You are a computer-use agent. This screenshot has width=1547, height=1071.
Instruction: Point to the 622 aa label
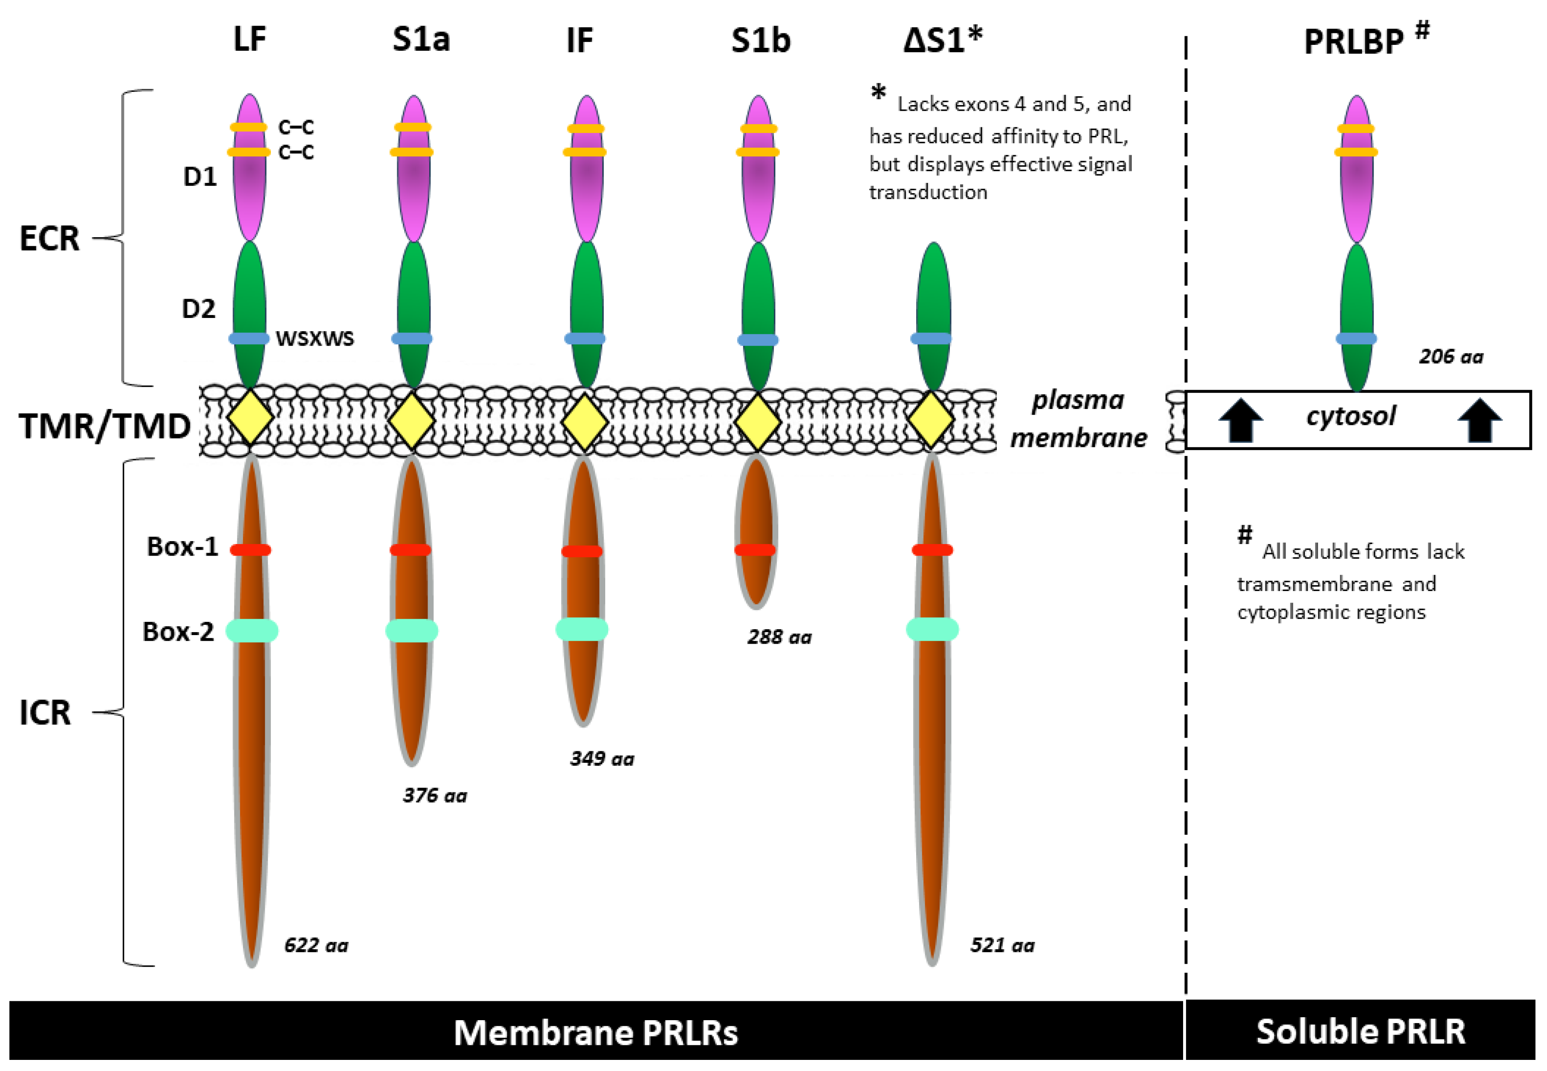[316, 945]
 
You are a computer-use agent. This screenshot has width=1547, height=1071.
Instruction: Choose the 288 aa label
[779, 637]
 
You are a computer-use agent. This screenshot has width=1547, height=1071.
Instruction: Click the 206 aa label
[1450, 356]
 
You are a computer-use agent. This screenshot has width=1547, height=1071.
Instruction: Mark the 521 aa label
[1002, 945]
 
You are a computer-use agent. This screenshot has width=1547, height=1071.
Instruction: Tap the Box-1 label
[182, 547]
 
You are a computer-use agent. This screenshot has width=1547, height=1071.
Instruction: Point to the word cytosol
[1351, 416]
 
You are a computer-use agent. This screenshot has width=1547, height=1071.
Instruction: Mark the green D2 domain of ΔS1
[933, 295]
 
